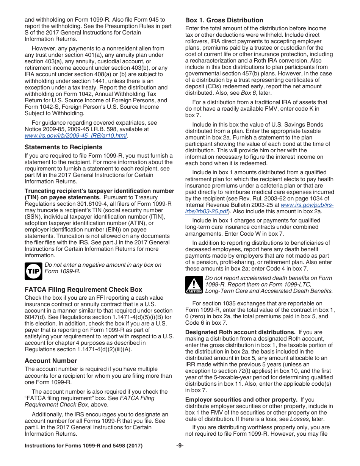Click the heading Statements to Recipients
63,147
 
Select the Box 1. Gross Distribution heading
224,20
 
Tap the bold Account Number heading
51,361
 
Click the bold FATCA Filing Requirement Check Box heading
83,289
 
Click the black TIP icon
33,271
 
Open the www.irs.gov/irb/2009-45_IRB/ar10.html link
75,136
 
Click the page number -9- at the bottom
180,446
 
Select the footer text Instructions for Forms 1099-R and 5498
83,446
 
